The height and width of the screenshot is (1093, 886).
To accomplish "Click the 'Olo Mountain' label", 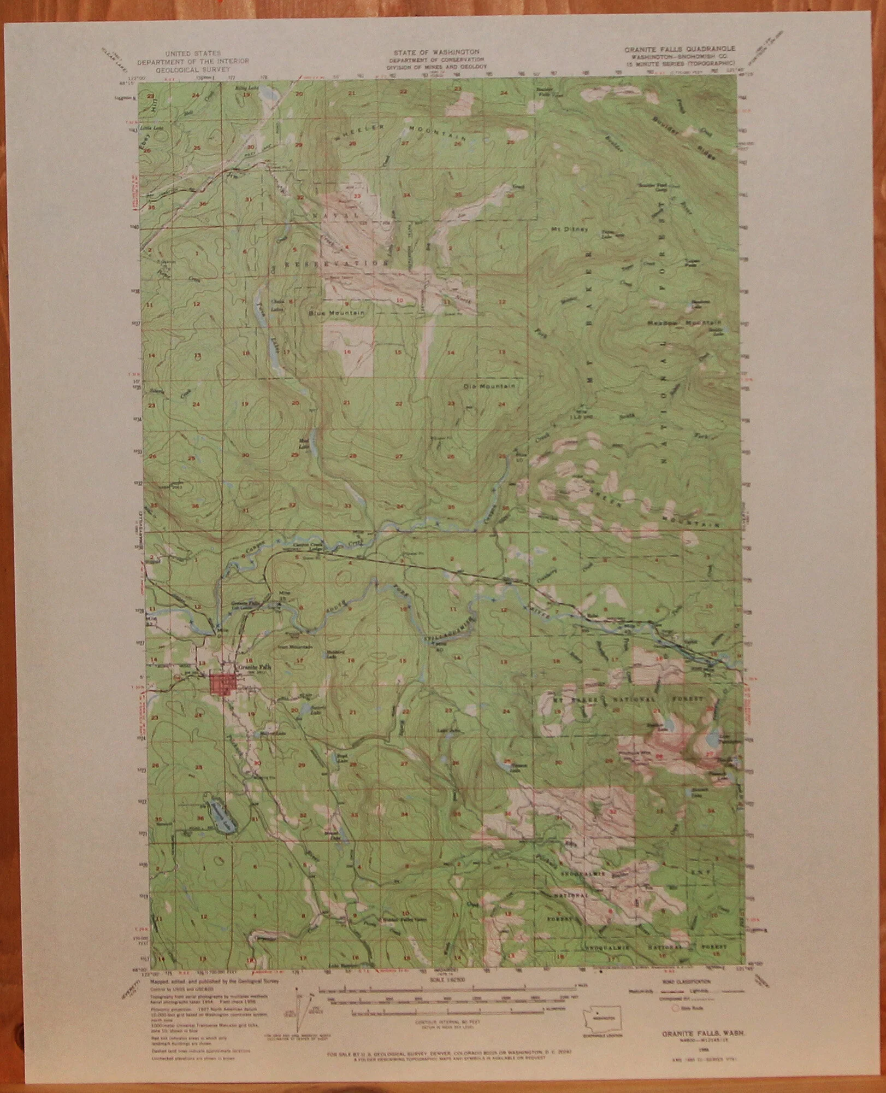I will pyautogui.click(x=489, y=386).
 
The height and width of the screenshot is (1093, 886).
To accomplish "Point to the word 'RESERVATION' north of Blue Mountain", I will pyautogui.click(x=332, y=263).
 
